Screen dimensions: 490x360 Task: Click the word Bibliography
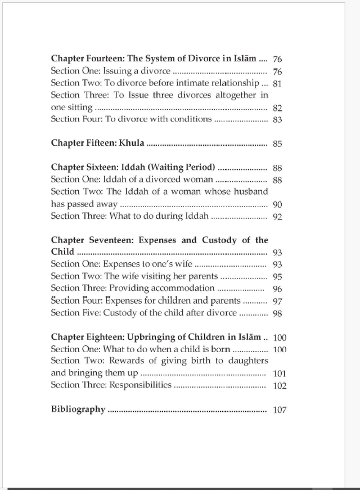78,409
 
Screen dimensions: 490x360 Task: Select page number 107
280,410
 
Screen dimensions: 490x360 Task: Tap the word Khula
131,143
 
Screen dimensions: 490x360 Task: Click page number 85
277,143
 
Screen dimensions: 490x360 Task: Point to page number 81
277,84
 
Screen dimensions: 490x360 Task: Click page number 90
277,205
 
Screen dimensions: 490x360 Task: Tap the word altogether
231,95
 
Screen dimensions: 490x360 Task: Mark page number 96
277,289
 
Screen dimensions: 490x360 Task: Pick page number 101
280,374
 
